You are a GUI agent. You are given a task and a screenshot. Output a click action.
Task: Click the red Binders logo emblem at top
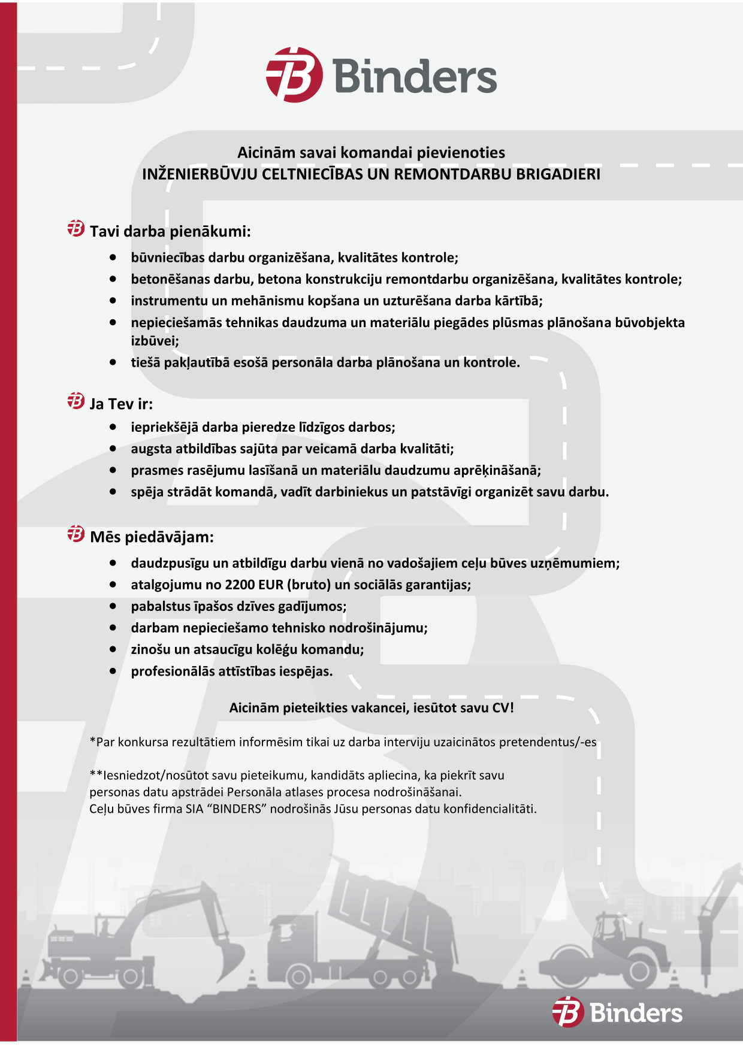294,75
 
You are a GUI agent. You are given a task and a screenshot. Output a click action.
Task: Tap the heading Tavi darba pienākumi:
170,231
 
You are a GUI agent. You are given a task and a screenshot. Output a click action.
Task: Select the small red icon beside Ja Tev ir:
76,401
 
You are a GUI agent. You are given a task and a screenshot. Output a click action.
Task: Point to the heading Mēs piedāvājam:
152,537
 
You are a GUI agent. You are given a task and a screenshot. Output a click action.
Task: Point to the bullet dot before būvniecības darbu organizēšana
113,258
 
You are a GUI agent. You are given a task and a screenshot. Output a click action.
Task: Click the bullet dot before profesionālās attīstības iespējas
113,671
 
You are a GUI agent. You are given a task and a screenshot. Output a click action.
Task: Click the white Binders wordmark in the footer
636,1013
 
